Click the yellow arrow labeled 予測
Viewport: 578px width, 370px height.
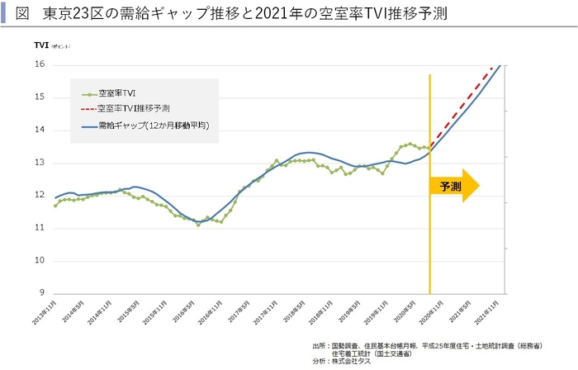pos(454,186)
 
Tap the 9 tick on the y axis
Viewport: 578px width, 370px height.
pos(40,293)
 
